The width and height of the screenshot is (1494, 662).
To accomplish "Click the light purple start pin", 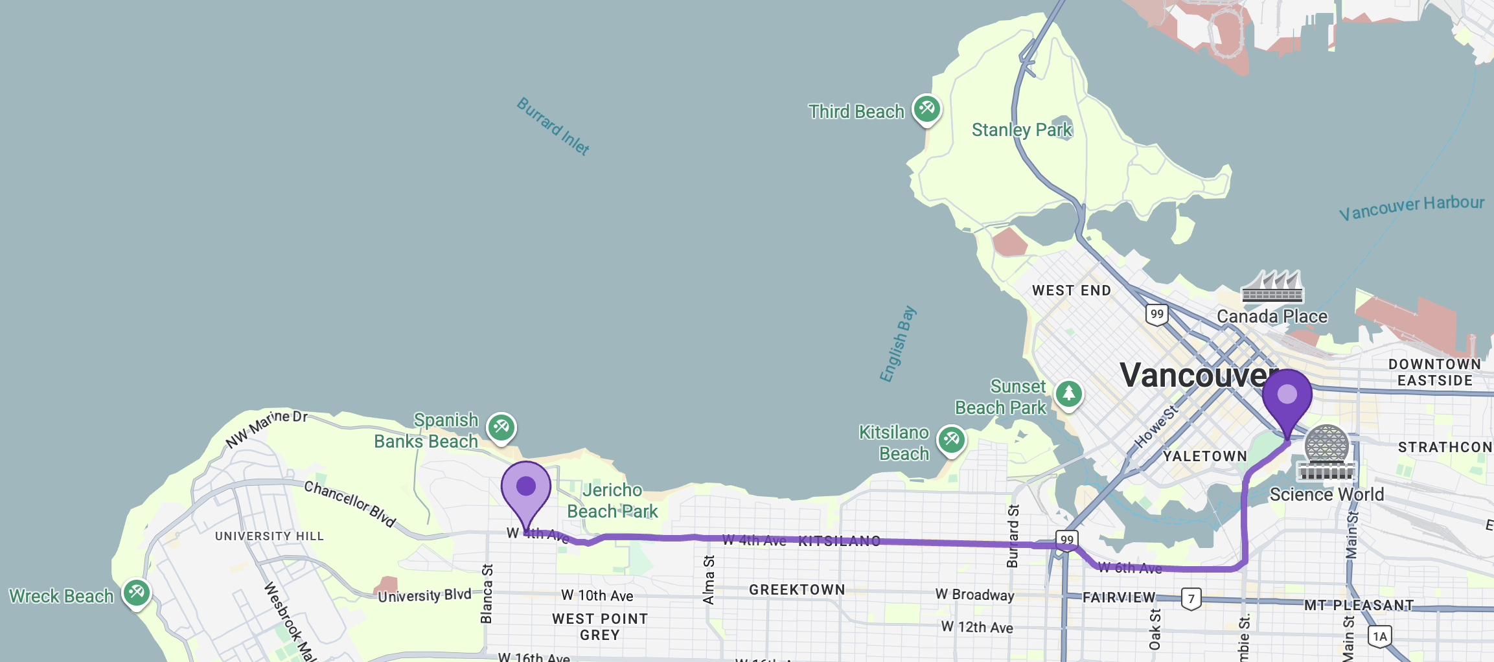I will (x=525, y=487).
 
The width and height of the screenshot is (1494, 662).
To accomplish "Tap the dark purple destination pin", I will (x=1287, y=395).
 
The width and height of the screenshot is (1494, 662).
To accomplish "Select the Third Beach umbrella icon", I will (x=926, y=109).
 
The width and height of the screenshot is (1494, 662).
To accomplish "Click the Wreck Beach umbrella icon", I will (x=136, y=593).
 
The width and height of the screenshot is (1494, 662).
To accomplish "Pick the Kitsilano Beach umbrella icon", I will (x=951, y=440).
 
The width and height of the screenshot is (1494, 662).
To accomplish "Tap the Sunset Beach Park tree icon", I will (x=1068, y=394).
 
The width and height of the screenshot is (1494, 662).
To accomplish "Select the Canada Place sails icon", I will (x=1272, y=286).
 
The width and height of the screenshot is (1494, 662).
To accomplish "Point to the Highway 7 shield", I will (x=1191, y=599).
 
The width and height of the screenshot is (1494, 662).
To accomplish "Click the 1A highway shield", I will (x=1379, y=636).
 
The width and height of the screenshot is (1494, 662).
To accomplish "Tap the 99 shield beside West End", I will (x=1156, y=314).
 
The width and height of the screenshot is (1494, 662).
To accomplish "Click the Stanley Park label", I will (x=1022, y=130).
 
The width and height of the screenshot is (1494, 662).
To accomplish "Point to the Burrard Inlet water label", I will (x=553, y=126).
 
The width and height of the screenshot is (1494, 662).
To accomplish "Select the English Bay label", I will (x=897, y=344).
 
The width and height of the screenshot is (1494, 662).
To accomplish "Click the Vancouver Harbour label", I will (x=1411, y=207).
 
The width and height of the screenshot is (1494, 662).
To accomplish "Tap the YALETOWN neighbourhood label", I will (x=1204, y=457).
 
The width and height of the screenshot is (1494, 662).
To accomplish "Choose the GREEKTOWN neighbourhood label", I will (x=797, y=590).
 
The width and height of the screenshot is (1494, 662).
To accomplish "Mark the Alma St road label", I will (x=709, y=579).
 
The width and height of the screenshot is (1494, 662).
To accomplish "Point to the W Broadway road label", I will (x=974, y=595).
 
